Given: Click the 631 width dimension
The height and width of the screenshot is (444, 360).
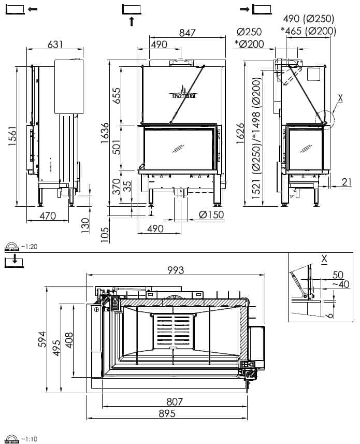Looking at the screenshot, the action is pos(55,44).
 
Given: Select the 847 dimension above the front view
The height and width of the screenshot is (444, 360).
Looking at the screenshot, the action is pos(188,33).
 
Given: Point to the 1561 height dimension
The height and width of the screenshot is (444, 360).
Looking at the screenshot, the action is pos(12,136).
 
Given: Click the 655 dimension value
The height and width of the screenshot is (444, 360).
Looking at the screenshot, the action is pos(117,96).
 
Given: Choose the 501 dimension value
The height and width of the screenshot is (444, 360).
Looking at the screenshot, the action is pos(117,147).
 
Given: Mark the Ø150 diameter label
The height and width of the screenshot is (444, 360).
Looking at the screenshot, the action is pos(211,214).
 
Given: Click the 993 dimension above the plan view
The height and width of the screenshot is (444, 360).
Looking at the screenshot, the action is pos(176,270).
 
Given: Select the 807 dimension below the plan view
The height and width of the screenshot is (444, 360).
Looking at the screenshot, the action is pos(175,402).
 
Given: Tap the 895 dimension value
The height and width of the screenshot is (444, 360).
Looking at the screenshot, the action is pos(167,413).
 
